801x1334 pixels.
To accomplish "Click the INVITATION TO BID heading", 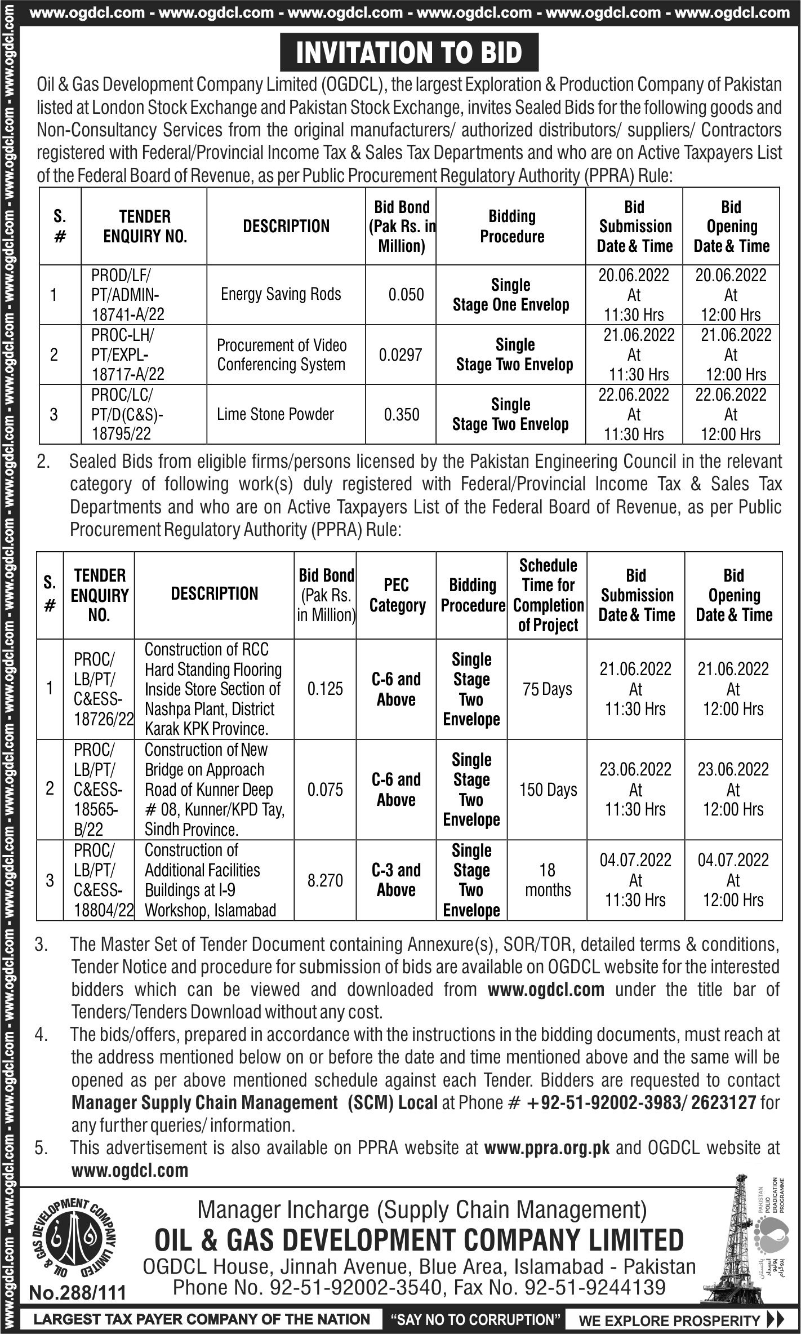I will (x=409, y=53).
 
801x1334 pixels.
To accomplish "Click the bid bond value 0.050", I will (x=406, y=294).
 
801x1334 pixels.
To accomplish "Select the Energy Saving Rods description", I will (x=281, y=294).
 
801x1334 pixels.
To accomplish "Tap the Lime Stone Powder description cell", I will (x=275, y=414).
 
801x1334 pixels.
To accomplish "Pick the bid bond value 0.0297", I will (x=400, y=354).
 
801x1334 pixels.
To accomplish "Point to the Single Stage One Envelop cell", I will (x=511, y=295).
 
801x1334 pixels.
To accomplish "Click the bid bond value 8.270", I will (x=325, y=880).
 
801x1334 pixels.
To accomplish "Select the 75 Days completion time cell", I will (x=547, y=689).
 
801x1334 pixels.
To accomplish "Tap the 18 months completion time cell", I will (x=548, y=880).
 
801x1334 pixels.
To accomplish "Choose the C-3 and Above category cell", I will (x=397, y=880).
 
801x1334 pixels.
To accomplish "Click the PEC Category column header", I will (x=397, y=595).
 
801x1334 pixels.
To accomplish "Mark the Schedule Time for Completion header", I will (x=549, y=595).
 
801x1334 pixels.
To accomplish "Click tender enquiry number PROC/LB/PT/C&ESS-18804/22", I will (x=99, y=880).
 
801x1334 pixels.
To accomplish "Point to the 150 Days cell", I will (x=548, y=790).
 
